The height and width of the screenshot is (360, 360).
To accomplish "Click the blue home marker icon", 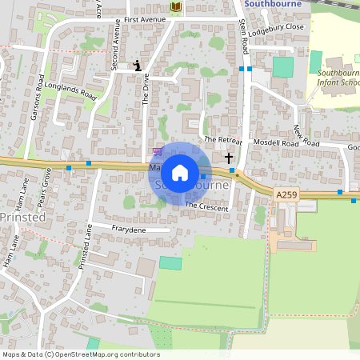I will [180, 172].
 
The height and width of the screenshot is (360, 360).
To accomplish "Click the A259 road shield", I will [286, 194].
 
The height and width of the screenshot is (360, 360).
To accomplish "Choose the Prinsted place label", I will [22, 217].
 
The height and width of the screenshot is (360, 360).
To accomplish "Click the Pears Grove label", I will [47, 186].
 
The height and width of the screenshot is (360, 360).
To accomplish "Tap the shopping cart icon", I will [158, 150].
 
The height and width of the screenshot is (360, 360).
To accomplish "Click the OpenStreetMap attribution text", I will [80, 354].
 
